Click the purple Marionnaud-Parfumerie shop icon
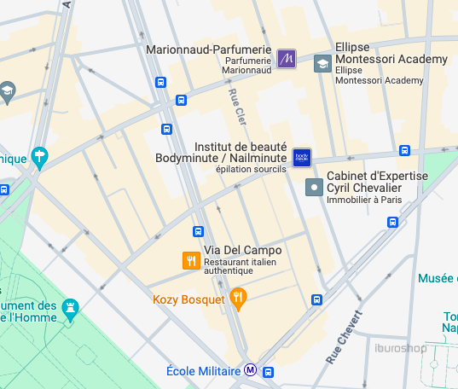click(287, 58)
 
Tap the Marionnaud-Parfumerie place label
click(208, 50)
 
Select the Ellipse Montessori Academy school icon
click(322, 63)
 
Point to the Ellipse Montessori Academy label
click(391, 59)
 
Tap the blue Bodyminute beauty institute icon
click(302, 157)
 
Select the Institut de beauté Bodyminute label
click(220, 153)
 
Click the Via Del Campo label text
click(242, 251)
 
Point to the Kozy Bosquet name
click(188, 299)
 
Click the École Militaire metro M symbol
click(250, 371)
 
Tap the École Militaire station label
click(203, 371)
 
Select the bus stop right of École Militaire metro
click(269, 372)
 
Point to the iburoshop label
click(400, 346)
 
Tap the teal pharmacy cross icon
click(39, 156)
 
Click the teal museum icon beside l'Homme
click(71, 305)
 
